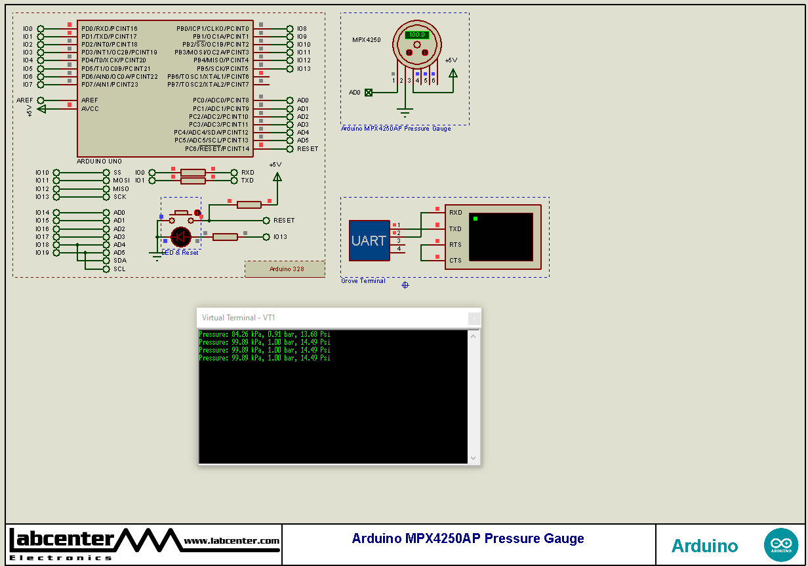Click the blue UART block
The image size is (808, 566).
[x=369, y=240]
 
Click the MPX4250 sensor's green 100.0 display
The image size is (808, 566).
[x=416, y=35]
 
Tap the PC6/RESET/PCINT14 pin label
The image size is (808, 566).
[x=217, y=148]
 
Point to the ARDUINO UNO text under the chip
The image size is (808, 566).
[x=99, y=161]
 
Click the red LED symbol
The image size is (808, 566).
[x=180, y=236]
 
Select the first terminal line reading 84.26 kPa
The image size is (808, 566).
[x=264, y=334]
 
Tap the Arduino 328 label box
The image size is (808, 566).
[x=285, y=269]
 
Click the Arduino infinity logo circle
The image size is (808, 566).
[x=781, y=545]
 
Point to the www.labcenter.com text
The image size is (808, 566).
[x=232, y=541]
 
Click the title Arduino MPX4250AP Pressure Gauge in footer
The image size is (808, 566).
[x=468, y=539]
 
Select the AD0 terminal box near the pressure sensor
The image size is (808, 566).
[x=368, y=93]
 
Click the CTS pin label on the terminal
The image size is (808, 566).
[x=455, y=261]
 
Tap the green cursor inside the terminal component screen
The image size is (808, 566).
[x=475, y=218]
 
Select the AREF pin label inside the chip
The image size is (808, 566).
[x=90, y=100]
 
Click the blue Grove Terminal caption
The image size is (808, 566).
[x=363, y=281]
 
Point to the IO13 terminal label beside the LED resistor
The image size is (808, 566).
[x=280, y=237]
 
